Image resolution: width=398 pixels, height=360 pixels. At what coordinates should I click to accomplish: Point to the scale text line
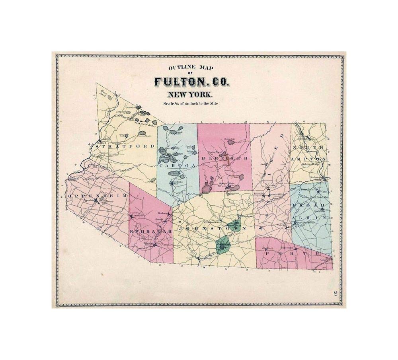coord(190,104)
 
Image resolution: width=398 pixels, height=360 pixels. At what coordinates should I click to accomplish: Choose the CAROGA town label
coord(178,165)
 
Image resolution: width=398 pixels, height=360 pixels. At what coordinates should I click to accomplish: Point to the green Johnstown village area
coord(223,245)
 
